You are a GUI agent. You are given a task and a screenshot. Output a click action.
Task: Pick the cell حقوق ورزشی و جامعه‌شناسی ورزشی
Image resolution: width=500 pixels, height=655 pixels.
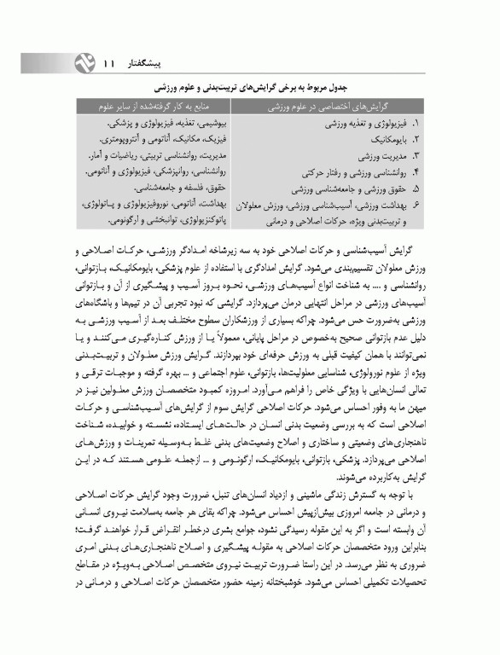(347, 188)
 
